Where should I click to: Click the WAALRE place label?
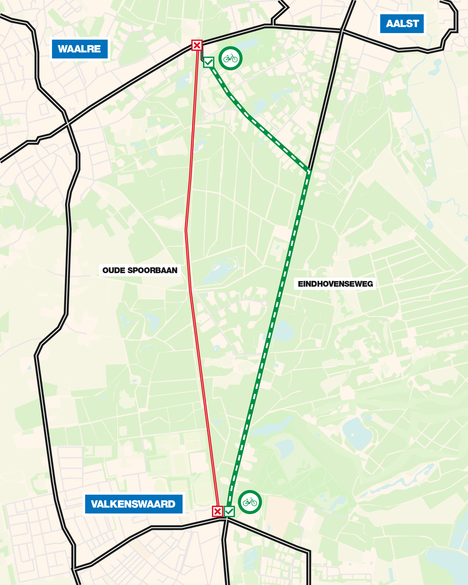tap(79, 49)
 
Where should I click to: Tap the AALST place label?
tap(402, 24)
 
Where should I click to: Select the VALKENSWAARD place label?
tap(133, 504)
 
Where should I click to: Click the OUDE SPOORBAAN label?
tap(140, 270)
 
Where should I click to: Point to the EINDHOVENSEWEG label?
tap(335, 284)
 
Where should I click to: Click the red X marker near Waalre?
tap(197, 45)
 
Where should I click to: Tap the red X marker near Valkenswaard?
tap(217, 512)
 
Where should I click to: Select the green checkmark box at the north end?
tap(209, 62)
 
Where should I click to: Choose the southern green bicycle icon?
tap(250, 502)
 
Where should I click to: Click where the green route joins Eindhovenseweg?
tap(309, 171)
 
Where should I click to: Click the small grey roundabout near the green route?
tap(264, 303)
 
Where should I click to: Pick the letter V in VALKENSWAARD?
tap(94, 504)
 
